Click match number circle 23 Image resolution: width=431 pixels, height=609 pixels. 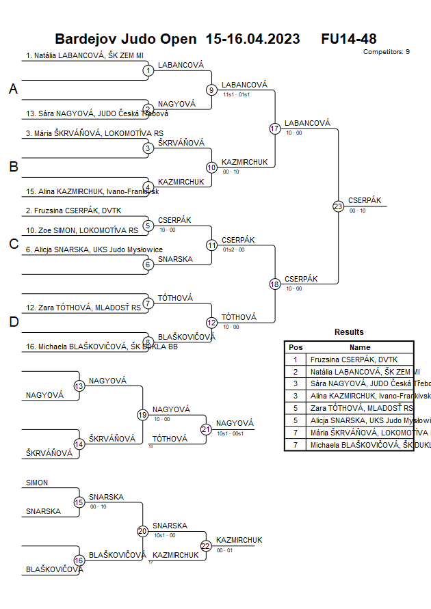(x=338, y=206)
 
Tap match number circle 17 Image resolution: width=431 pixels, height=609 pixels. (x=275, y=128)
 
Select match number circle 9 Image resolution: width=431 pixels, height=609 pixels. (x=211, y=90)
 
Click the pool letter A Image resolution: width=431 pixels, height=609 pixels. (x=13, y=89)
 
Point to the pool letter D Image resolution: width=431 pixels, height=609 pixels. (x=13, y=322)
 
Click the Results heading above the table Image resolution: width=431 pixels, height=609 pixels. (x=349, y=332)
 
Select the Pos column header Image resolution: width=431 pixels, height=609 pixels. (x=296, y=347)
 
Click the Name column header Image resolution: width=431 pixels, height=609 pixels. (x=360, y=347)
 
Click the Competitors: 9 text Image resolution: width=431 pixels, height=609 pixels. (x=387, y=52)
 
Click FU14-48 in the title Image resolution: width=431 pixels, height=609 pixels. (x=349, y=39)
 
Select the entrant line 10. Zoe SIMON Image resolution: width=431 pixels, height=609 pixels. (x=82, y=230)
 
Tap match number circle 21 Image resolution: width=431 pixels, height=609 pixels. (x=206, y=429)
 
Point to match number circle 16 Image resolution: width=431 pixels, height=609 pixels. (x=79, y=560)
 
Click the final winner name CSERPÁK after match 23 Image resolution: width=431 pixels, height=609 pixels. (x=365, y=200)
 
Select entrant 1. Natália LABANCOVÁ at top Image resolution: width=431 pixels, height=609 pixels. (x=89, y=55)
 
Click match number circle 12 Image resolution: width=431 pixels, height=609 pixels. (x=211, y=323)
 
